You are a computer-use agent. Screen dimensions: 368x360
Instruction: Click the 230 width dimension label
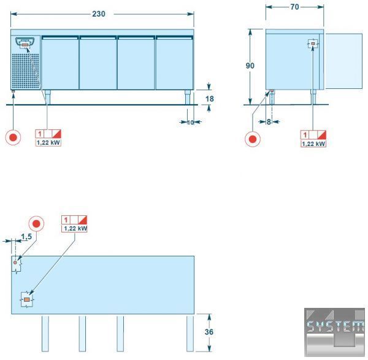point(99,14)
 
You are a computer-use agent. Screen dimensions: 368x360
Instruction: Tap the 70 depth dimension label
point(294,7)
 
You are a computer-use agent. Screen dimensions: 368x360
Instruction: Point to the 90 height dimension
point(250,66)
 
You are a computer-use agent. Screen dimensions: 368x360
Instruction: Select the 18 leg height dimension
point(210,99)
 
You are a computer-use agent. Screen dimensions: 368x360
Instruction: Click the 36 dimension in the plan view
point(209,332)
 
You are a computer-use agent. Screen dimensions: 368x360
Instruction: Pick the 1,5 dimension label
point(26,237)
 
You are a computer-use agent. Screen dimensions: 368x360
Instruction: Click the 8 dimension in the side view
point(269,122)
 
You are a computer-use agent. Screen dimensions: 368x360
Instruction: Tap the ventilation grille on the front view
point(26,71)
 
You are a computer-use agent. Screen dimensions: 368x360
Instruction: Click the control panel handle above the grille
point(25,42)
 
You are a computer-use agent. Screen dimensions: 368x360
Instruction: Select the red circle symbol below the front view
point(13,137)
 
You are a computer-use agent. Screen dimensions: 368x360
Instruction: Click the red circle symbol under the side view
point(253,139)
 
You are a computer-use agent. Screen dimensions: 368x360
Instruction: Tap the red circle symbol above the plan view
point(36,224)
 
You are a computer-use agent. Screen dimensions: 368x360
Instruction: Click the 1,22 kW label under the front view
point(48,142)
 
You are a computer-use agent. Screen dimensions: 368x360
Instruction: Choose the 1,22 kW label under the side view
point(313,144)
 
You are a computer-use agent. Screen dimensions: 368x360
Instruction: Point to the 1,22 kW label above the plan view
point(74,228)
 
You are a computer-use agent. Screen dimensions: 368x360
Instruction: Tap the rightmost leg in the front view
point(188,97)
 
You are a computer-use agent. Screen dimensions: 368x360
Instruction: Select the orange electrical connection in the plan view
point(27,299)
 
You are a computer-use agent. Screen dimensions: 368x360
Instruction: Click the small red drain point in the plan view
point(15,262)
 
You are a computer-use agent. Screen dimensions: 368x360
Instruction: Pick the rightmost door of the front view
point(174,63)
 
